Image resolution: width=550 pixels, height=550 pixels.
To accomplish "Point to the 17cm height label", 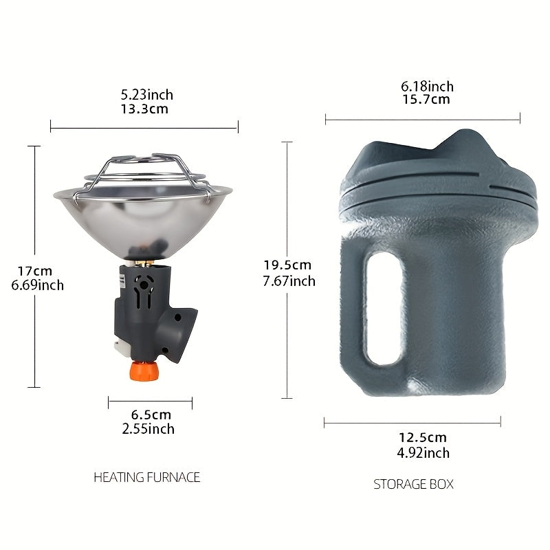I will click(36, 271).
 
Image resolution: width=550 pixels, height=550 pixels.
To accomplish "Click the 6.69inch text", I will click(38, 285).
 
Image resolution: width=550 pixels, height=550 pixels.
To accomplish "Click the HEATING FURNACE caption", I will click(147, 476).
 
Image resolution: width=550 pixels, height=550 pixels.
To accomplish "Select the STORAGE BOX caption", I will click(413, 484).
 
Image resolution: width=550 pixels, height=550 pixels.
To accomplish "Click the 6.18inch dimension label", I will click(428, 86).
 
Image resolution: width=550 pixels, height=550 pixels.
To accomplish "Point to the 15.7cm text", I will click(426, 100).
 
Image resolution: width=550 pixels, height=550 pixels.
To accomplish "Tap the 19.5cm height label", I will click(288, 265).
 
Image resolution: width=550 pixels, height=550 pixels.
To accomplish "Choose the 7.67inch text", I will click(289, 280).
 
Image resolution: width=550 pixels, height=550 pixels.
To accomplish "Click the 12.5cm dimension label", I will click(423, 437).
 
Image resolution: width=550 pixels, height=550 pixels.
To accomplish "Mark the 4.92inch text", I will click(423, 452).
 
